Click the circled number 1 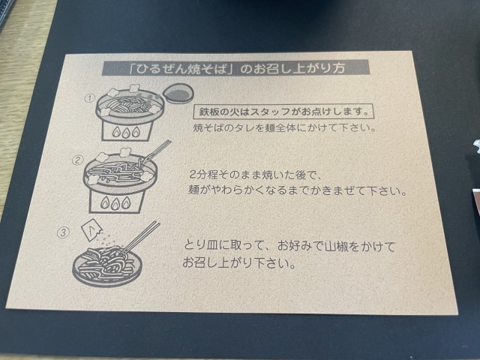(90, 98)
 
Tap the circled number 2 (78, 160)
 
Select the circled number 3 (63, 232)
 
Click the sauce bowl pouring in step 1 (178, 93)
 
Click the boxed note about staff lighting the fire (283, 112)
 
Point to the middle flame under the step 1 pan (126, 133)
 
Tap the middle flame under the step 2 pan (115, 203)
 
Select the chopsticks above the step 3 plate (140, 238)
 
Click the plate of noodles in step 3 (107, 267)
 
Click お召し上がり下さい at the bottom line (239, 262)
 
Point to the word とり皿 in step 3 (200, 246)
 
